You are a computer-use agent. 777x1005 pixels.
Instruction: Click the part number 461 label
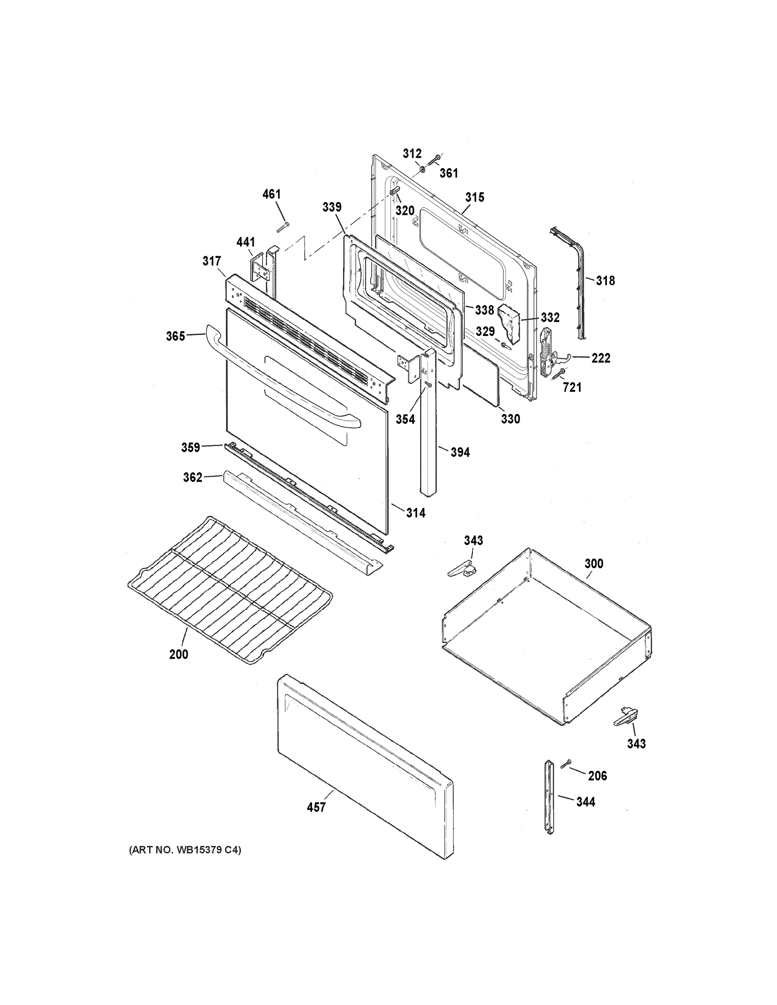(x=271, y=194)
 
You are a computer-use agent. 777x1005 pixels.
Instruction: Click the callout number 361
(x=448, y=173)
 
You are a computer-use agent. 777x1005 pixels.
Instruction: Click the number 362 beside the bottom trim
(x=192, y=478)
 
